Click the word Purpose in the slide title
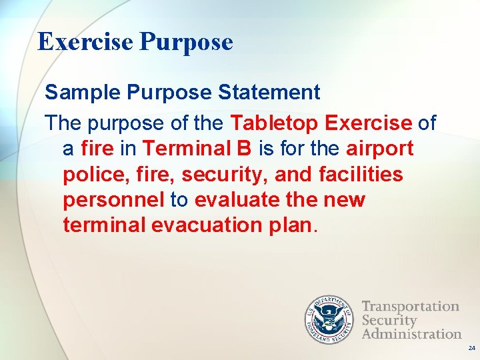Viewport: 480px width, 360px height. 187,43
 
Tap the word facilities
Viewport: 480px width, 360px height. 361,174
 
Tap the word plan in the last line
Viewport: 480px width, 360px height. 291,225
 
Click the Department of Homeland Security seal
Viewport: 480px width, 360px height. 328,319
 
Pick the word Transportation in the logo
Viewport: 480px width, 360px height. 411,307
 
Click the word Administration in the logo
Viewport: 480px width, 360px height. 412,333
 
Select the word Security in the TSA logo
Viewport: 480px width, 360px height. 389,320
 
